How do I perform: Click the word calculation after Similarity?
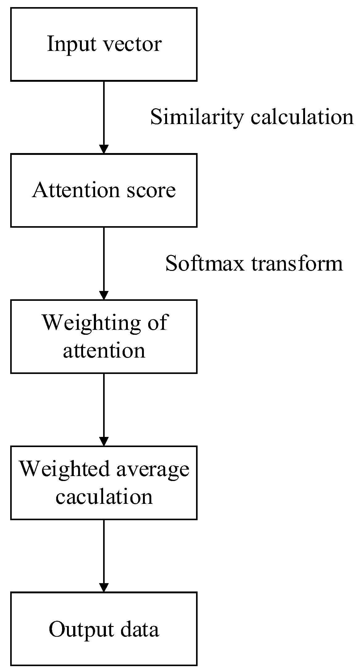302,118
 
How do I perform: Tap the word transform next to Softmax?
297,264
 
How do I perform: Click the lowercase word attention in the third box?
104,351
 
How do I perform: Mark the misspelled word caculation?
104,497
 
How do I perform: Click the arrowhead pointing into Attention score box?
104,149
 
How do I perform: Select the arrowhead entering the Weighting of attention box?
104,295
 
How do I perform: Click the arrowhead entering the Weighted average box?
104,442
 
